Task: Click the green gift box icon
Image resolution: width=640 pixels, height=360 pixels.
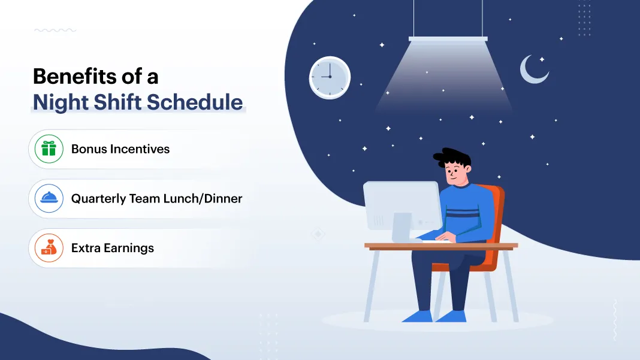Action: click(49, 149)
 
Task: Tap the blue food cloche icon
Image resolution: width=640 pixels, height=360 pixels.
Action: click(49, 198)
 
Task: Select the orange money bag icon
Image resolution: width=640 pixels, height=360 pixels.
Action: click(49, 248)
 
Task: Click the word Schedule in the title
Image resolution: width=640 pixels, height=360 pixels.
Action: click(195, 102)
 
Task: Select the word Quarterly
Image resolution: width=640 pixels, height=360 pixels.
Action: click(98, 199)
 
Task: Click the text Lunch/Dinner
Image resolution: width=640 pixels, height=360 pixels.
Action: click(203, 198)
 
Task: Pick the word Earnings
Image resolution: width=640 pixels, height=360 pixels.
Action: click(129, 248)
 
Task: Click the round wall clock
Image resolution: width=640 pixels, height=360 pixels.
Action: click(330, 77)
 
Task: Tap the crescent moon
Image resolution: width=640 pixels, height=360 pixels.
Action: click(532, 70)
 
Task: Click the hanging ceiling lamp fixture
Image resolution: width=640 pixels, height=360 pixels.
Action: click(448, 39)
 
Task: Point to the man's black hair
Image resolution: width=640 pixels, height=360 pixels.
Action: click(451, 157)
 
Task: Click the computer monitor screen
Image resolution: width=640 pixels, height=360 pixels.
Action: click(401, 206)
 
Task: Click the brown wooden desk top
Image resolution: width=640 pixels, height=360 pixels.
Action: click(441, 246)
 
